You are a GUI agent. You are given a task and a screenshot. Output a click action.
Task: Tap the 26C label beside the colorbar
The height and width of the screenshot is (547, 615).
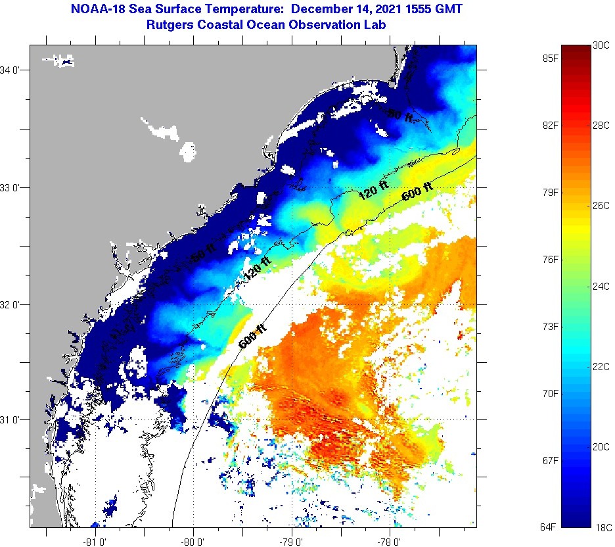pyautogui.click(x=601, y=205)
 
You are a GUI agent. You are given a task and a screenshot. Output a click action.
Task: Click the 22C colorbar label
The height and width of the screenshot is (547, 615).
pyautogui.click(x=601, y=366)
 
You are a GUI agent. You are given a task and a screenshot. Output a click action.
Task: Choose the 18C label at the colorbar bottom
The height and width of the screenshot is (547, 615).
pyautogui.click(x=601, y=527)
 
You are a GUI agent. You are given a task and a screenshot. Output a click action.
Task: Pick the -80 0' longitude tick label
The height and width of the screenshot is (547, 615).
pyautogui.click(x=194, y=542)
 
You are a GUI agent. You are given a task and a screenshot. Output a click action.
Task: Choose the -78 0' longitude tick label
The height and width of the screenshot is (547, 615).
pyautogui.click(x=390, y=542)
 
